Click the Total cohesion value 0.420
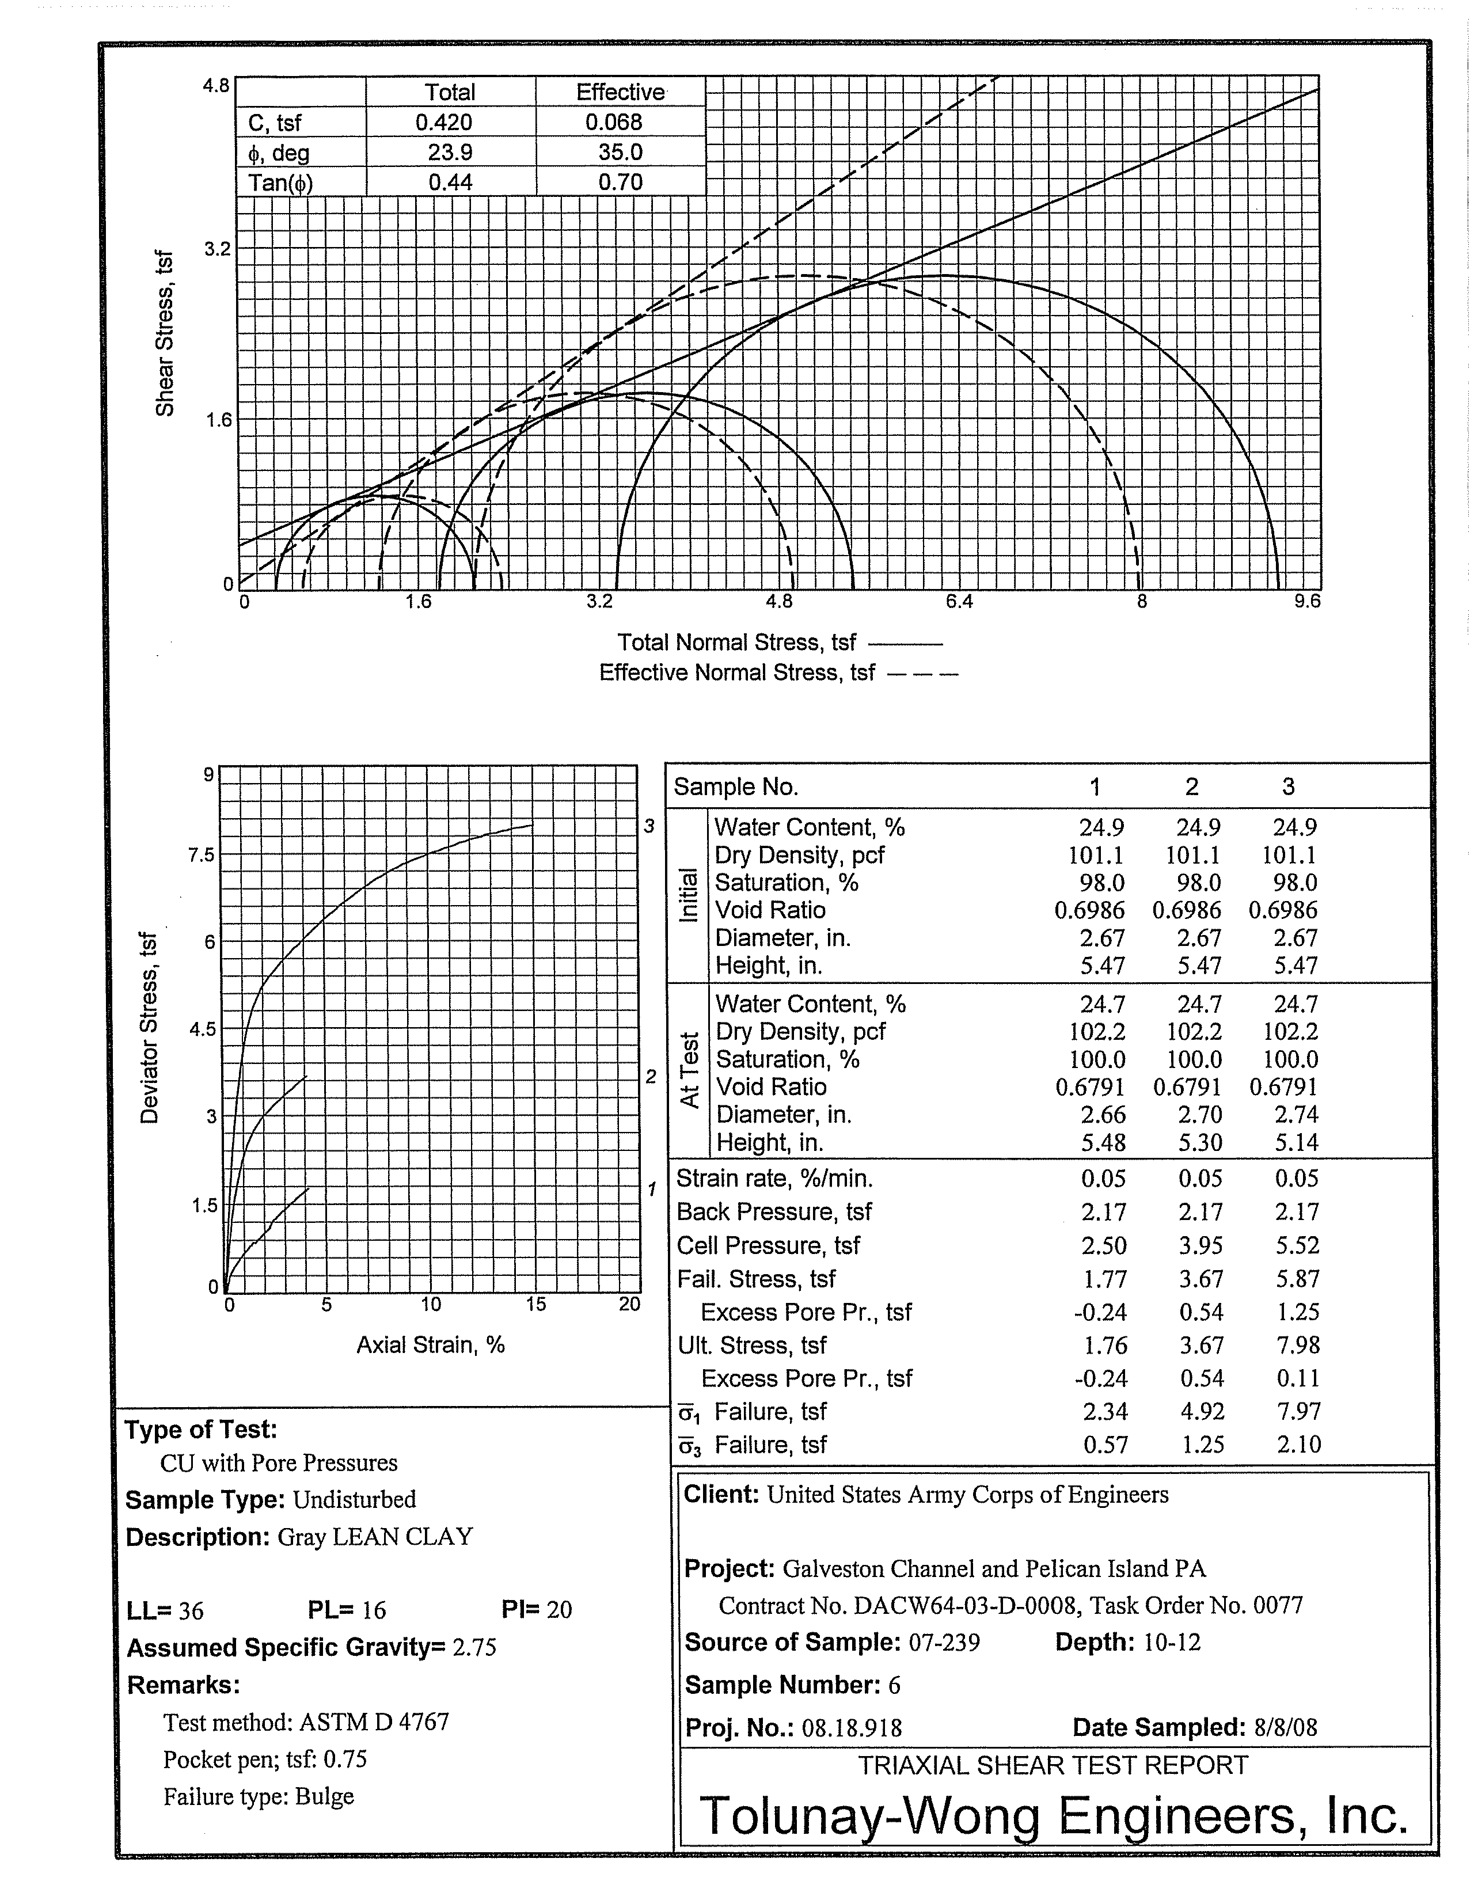(450, 123)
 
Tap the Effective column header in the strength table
(620, 92)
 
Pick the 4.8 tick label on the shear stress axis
(216, 85)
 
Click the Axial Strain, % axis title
(430, 1345)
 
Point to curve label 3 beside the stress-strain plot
(648, 826)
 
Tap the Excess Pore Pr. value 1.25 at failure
(1297, 1312)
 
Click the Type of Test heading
(200, 1430)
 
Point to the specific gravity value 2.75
(474, 1648)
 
